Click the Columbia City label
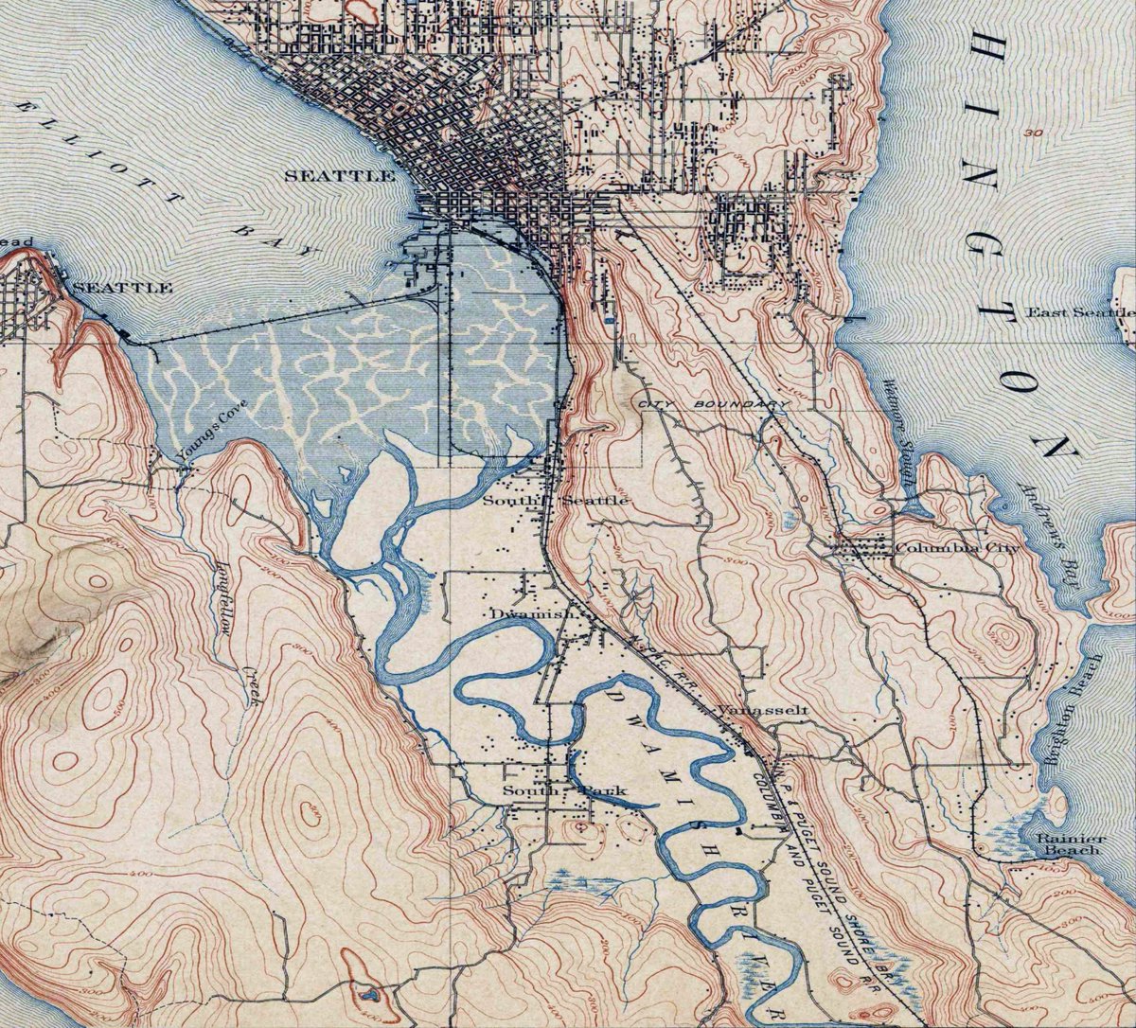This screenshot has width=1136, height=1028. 957,548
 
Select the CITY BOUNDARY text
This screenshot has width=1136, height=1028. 714,404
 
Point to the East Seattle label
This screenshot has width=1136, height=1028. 1079,312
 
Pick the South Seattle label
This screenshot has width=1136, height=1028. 555,499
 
